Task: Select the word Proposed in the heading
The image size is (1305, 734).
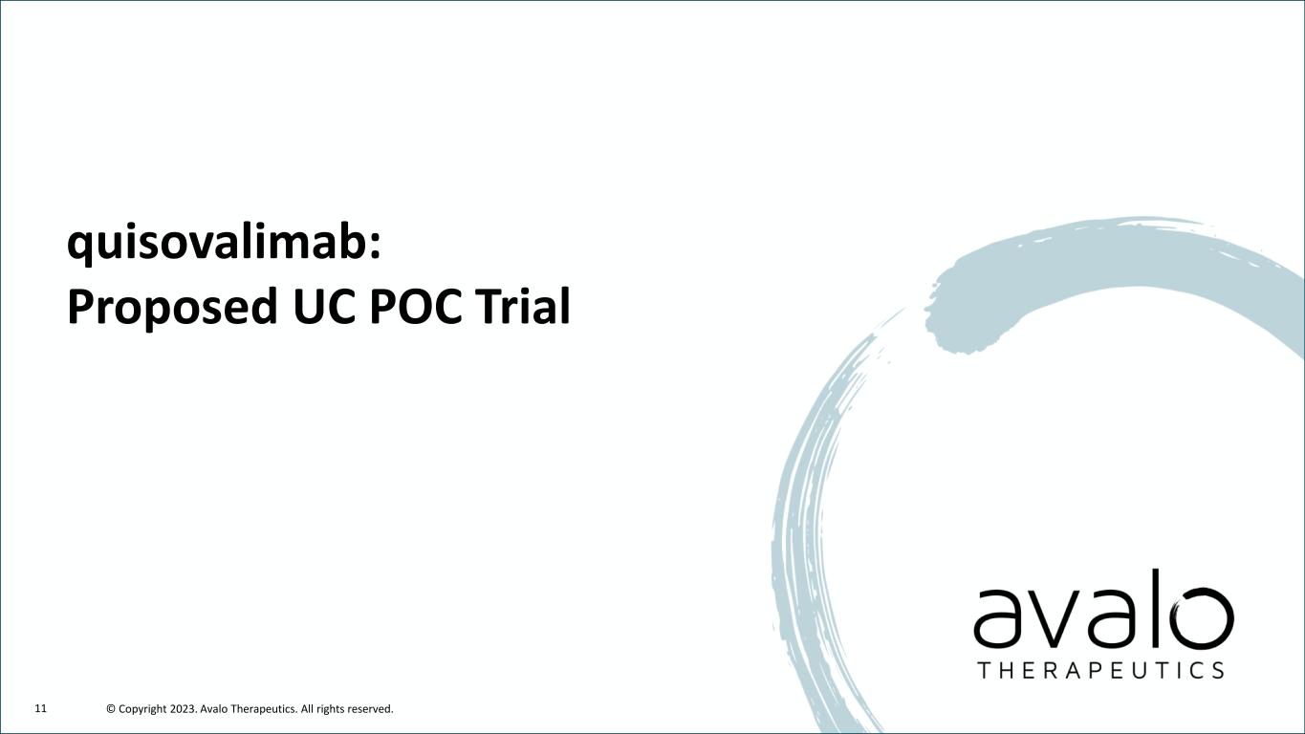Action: pos(172,309)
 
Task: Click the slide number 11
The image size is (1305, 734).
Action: pos(41,708)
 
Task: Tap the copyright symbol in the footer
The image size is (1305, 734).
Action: pos(111,709)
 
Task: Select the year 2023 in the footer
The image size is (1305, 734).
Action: pos(184,709)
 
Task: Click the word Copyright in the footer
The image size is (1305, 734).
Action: pos(142,709)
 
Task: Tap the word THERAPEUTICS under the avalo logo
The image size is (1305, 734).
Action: pos(1100,670)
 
